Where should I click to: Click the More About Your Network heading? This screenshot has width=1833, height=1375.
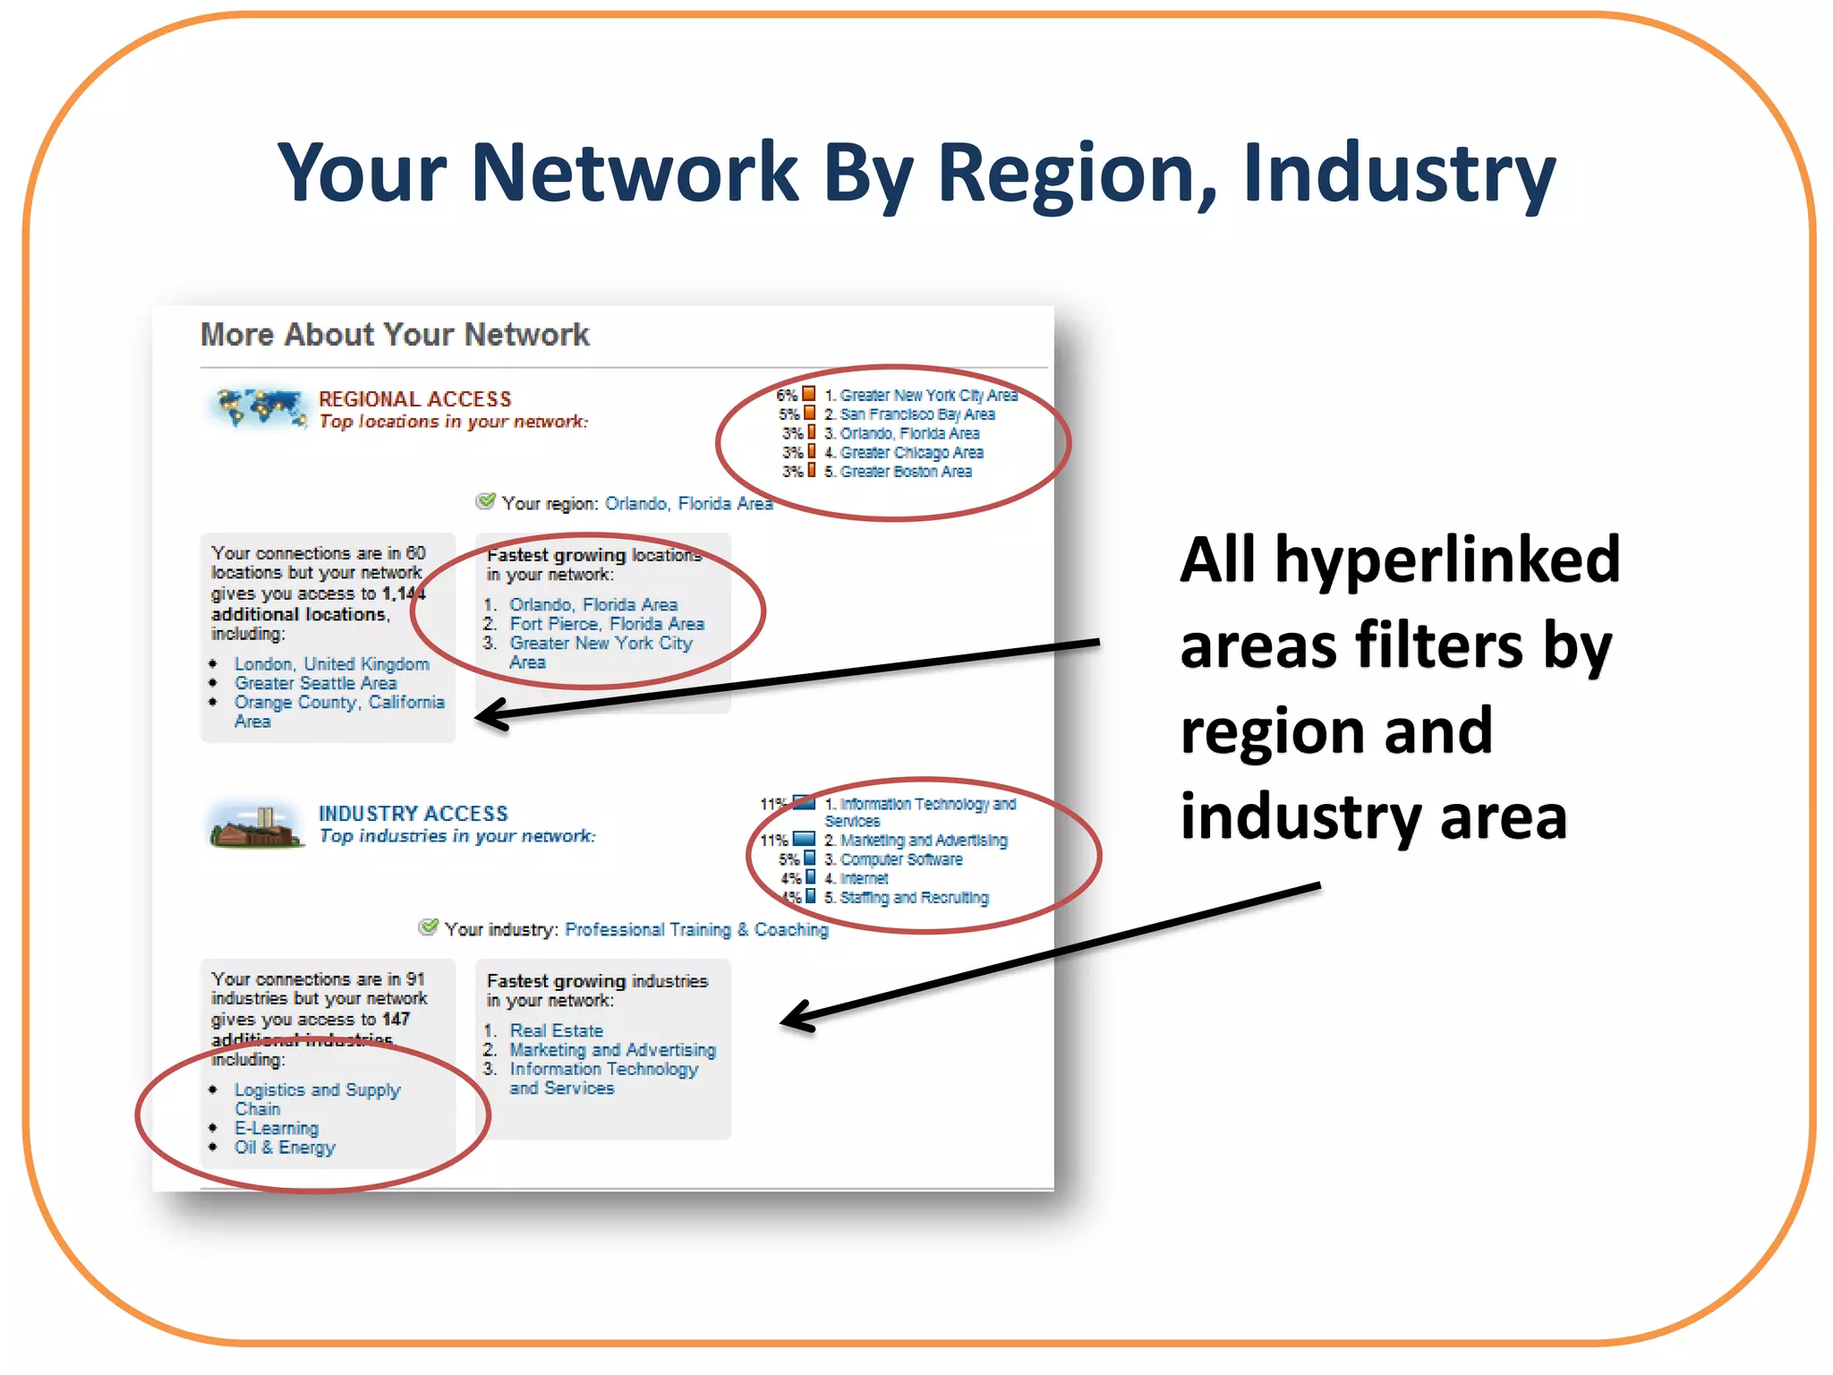[395, 335]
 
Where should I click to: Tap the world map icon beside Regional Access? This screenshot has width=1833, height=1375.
[255, 407]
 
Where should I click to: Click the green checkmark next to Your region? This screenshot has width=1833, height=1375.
[485, 501]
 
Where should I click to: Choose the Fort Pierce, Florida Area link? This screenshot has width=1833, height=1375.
[607, 624]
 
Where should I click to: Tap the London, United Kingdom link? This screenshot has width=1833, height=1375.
[331, 664]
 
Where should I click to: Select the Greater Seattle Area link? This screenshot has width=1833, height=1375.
[315, 683]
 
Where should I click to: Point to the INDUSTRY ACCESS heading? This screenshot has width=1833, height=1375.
[413, 814]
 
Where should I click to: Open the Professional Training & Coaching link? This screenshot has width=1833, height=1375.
[696, 930]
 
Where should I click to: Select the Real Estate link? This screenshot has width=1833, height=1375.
[556, 1031]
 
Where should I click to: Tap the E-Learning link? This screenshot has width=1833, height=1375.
[276, 1129]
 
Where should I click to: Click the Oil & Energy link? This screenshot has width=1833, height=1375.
[285, 1148]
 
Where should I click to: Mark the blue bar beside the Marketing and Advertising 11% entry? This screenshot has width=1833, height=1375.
[804, 840]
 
